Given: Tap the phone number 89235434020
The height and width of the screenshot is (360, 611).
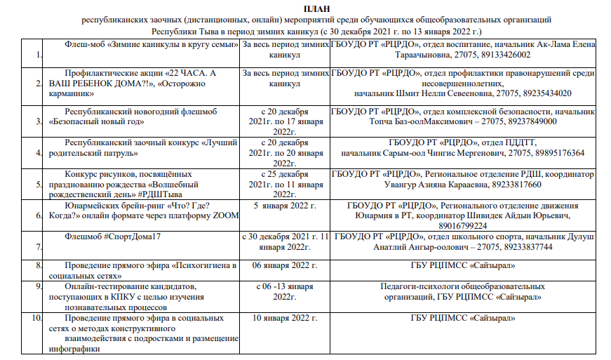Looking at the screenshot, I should point(545,93).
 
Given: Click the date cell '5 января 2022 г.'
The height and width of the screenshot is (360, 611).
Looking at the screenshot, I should point(285,206).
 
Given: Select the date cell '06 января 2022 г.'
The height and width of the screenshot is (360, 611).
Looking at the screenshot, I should point(285,265).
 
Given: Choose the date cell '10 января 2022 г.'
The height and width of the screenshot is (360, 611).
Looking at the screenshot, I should point(285,318).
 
